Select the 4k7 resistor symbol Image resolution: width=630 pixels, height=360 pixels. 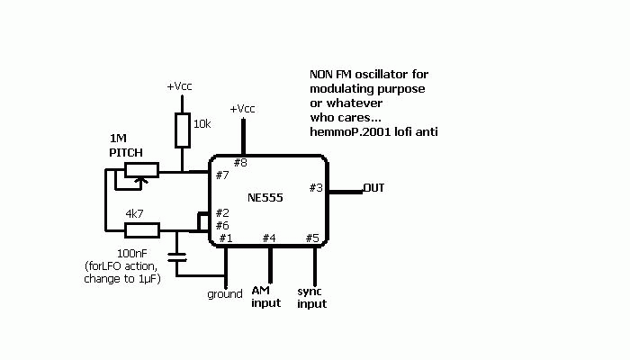pos(141,230)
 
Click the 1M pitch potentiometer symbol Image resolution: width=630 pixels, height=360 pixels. pos(140,169)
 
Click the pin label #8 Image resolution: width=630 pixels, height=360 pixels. pos(240,163)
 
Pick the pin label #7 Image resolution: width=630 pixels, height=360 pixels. pos(222,175)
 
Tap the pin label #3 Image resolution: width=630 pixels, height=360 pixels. pos(316,187)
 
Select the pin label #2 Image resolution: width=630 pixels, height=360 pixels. pos(222,212)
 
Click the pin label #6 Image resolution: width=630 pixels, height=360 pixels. pos(222,225)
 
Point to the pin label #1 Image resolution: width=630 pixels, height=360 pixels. pos(225,238)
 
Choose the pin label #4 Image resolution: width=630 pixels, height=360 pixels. pos(269,238)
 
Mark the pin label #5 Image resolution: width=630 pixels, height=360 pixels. pos(312,238)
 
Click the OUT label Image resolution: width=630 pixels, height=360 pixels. pos(373,188)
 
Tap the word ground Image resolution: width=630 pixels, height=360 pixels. pos(225,294)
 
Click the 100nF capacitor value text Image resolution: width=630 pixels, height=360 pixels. pos(133,254)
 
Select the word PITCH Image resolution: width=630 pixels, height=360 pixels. pos(127,152)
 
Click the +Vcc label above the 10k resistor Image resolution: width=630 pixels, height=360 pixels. pos(179,86)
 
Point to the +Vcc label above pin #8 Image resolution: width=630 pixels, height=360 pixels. pos(242,109)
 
